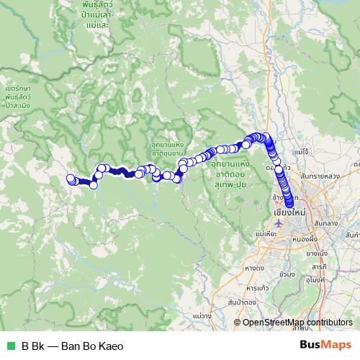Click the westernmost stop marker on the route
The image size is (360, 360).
point(71,179)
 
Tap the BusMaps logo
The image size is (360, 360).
point(326,345)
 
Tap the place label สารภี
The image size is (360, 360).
point(319,266)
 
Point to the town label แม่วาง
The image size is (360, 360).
point(202,315)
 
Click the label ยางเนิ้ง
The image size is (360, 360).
point(317,253)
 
